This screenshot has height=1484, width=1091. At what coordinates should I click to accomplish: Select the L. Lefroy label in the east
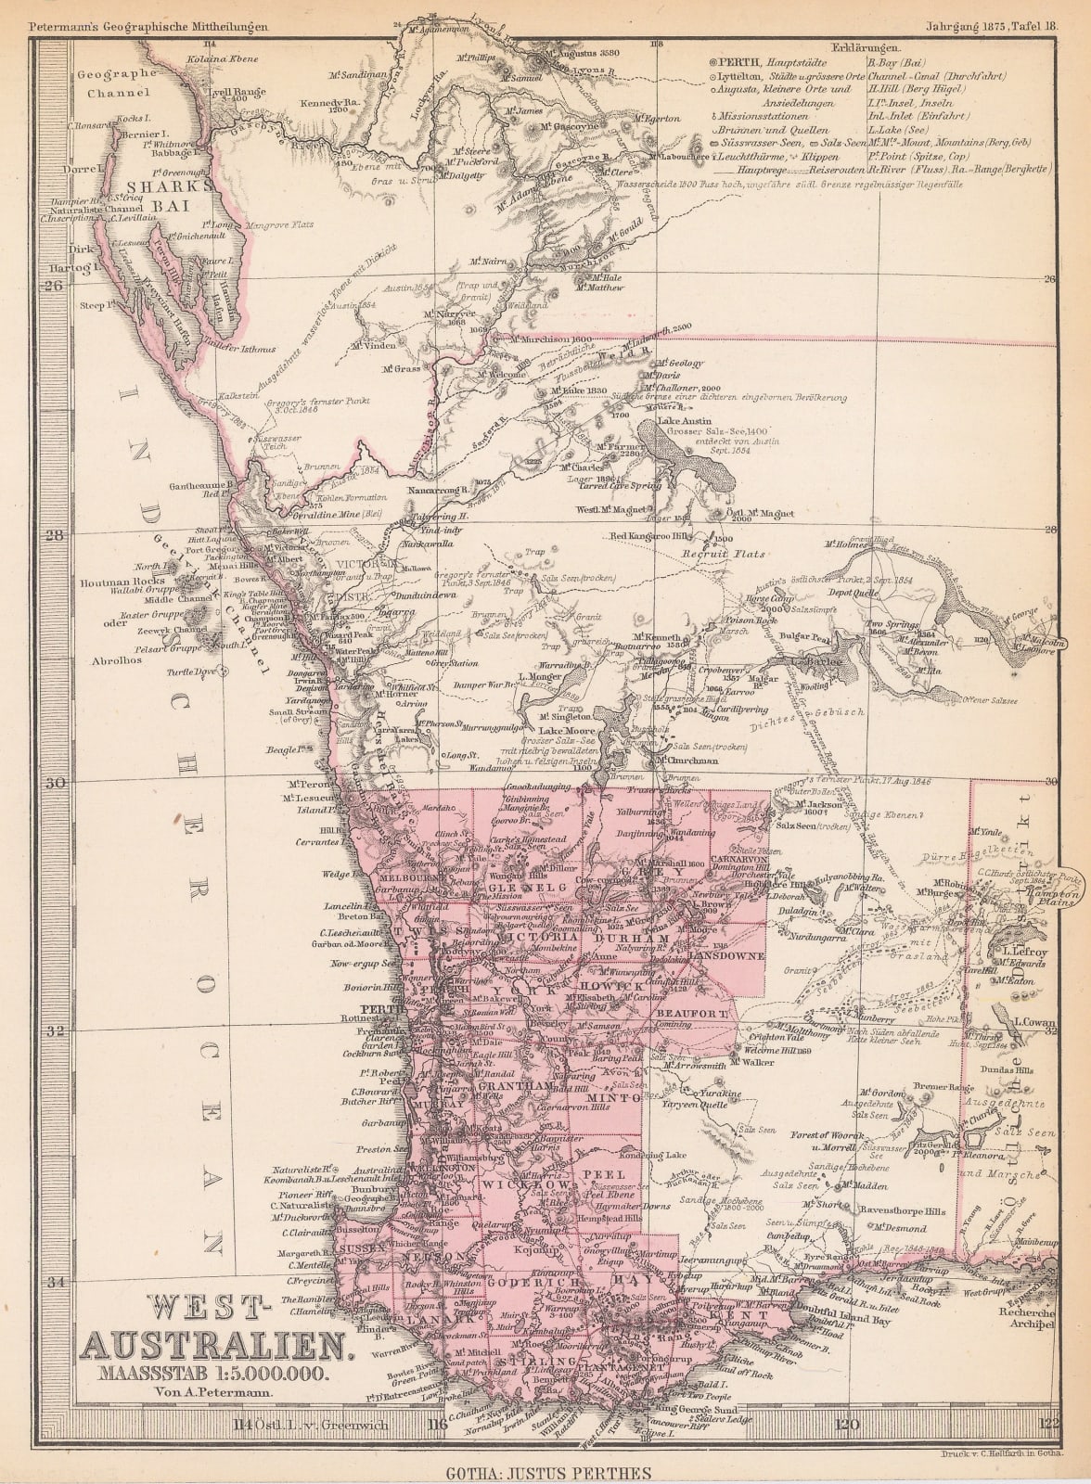pos(1018,950)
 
